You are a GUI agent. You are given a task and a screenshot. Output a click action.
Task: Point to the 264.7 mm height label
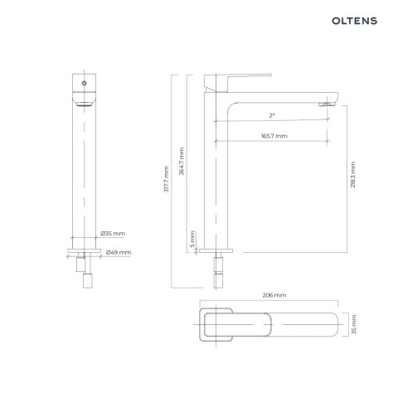pos(182,163)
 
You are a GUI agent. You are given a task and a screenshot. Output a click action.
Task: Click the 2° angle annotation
pos(273,114)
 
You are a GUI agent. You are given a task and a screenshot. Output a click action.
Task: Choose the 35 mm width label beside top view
pos(354,324)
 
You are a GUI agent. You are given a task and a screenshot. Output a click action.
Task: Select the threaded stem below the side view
pos(219,269)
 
